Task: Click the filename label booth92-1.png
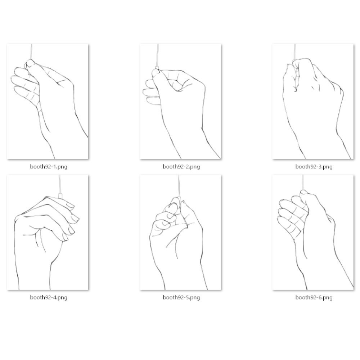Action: click(x=49, y=167)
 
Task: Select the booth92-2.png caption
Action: click(x=181, y=167)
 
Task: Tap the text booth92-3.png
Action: click(x=314, y=167)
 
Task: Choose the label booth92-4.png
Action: click(x=49, y=298)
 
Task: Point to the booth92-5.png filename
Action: click(x=181, y=298)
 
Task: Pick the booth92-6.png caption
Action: click(x=314, y=298)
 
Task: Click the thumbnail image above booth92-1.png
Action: click(x=48, y=101)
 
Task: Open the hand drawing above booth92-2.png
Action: click(x=180, y=101)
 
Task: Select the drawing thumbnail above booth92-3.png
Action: click(x=313, y=101)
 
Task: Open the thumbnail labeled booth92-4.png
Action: click(x=48, y=232)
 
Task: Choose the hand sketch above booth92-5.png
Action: click(x=180, y=232)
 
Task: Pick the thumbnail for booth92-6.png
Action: click(x=313, y=232)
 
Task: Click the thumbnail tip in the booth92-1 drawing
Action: click(x=30, y=62)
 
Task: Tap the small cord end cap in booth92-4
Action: click(x=60, y=195)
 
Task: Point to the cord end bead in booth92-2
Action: click(x=157, y=68)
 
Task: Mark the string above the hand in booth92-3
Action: click(x=295, y=52)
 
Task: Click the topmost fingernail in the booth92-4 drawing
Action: click(x=70, y=205)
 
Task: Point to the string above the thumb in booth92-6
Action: click(x=303, y=182)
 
